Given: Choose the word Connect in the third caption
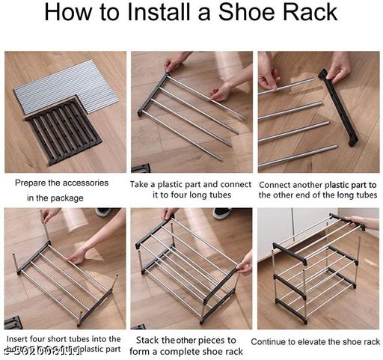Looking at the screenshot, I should [x=278, y=183].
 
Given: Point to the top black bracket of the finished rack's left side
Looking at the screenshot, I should [x=290, y=253].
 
